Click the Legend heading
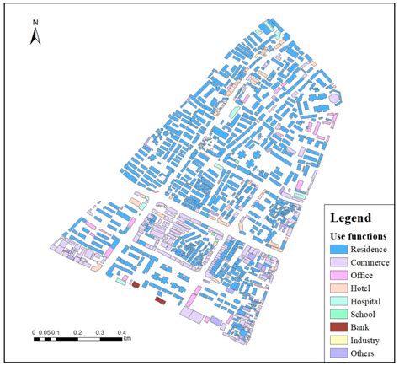pyautogui.click(x=351, y=217)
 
